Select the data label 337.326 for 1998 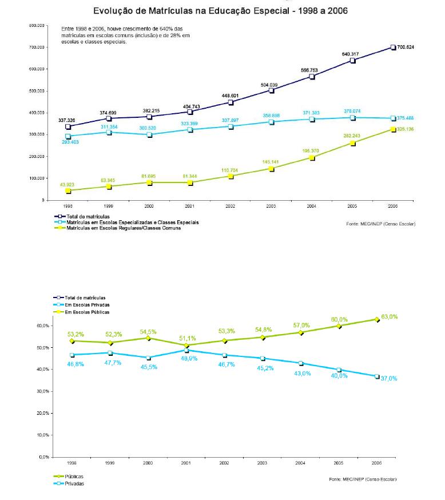pos(67,120)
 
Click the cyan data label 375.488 pos(406,118)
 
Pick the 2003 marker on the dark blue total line pos(272,90)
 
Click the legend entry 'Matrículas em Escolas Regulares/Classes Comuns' pos(124,228)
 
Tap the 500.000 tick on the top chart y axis pos(37,91)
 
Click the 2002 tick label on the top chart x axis pos(230,205)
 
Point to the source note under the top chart pos(380,223)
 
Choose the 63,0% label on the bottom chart pos(390,316)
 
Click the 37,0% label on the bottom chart pos(390,378)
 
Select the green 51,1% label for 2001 pos(190,338)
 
